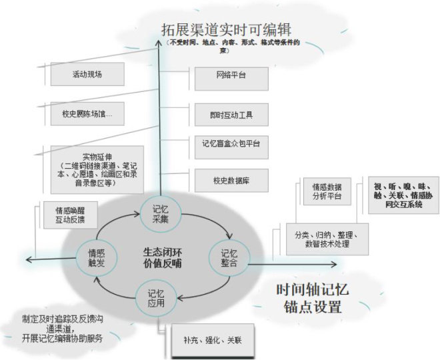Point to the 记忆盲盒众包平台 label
tap(231, 142)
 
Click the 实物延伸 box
tap(94, 169)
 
